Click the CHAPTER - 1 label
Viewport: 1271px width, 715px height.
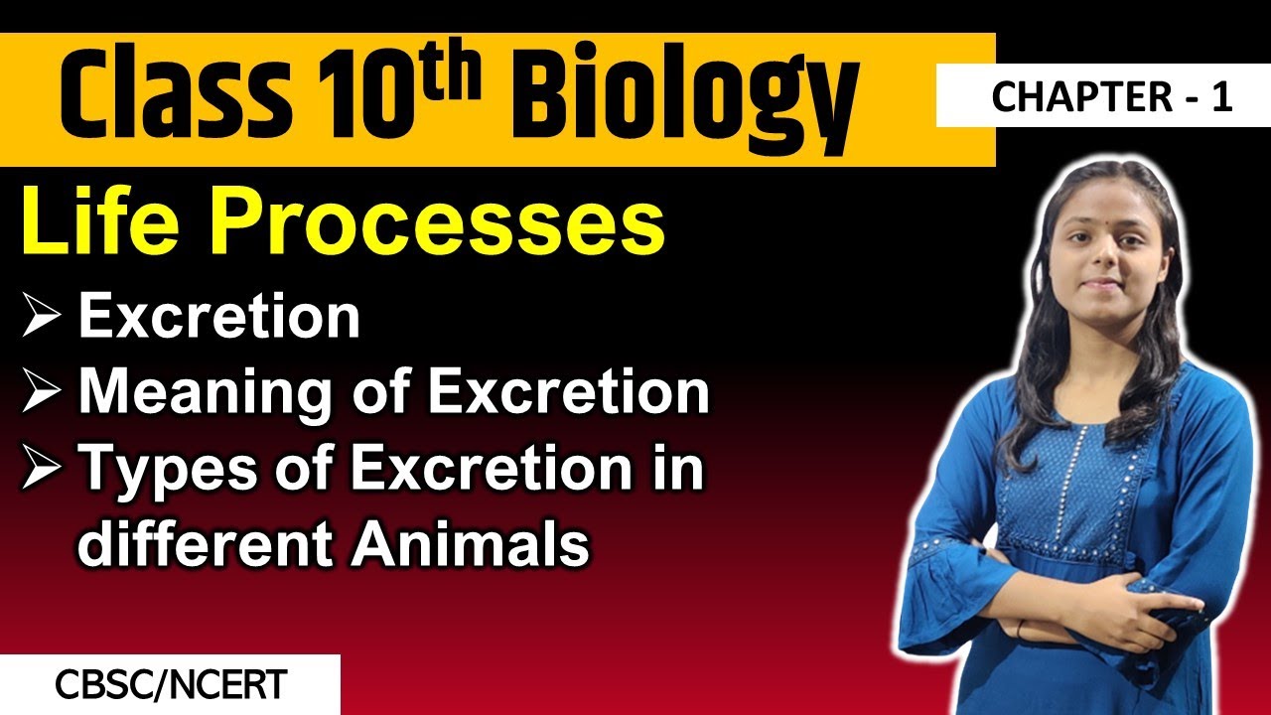coord(1111,97)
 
